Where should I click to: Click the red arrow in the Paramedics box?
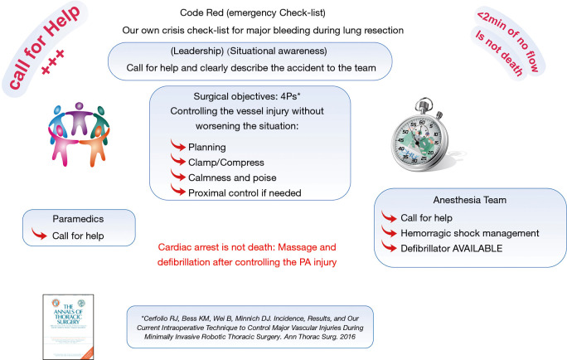click(39, 236)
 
